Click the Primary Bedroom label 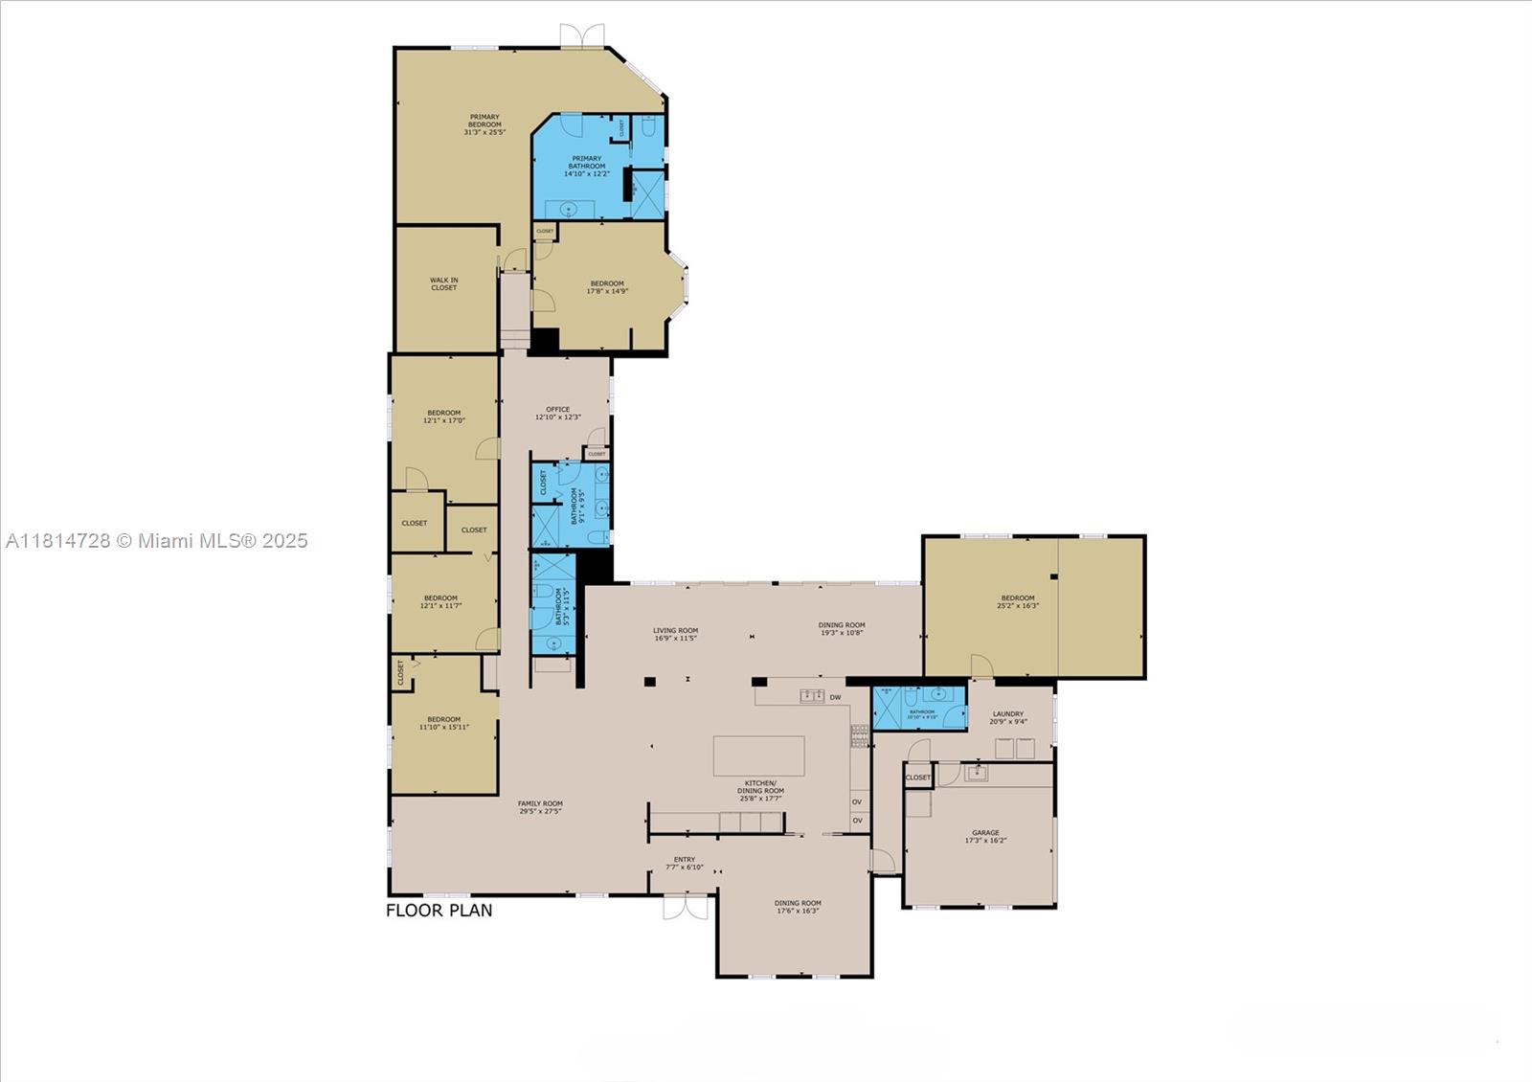[x=484, y=124]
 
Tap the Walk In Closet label [x=443, y=283]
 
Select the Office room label [x=557, y=413]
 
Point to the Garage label [x=985, y=836]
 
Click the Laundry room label [x=1008, y=717]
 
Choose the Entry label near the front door [x=684, y=863]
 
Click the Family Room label [x=540, y=807]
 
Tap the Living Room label [x=675, y=634]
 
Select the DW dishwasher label [x=835, y=697]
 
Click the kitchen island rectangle [x=758, y=755]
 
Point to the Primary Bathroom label [x=586, y=166]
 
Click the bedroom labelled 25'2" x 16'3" [x=1018, y=601]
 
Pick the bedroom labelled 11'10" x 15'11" [x=443, y=723]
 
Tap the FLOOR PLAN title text [x=439, y=910]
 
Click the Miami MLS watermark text [x=157, y=540]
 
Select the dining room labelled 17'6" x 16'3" [x=798, y=907]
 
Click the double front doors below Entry [x=686, y=906]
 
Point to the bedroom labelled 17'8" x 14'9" [x=607, y=286]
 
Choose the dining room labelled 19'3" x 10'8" [x=842, y=628]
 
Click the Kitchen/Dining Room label [x=760, y=791]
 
